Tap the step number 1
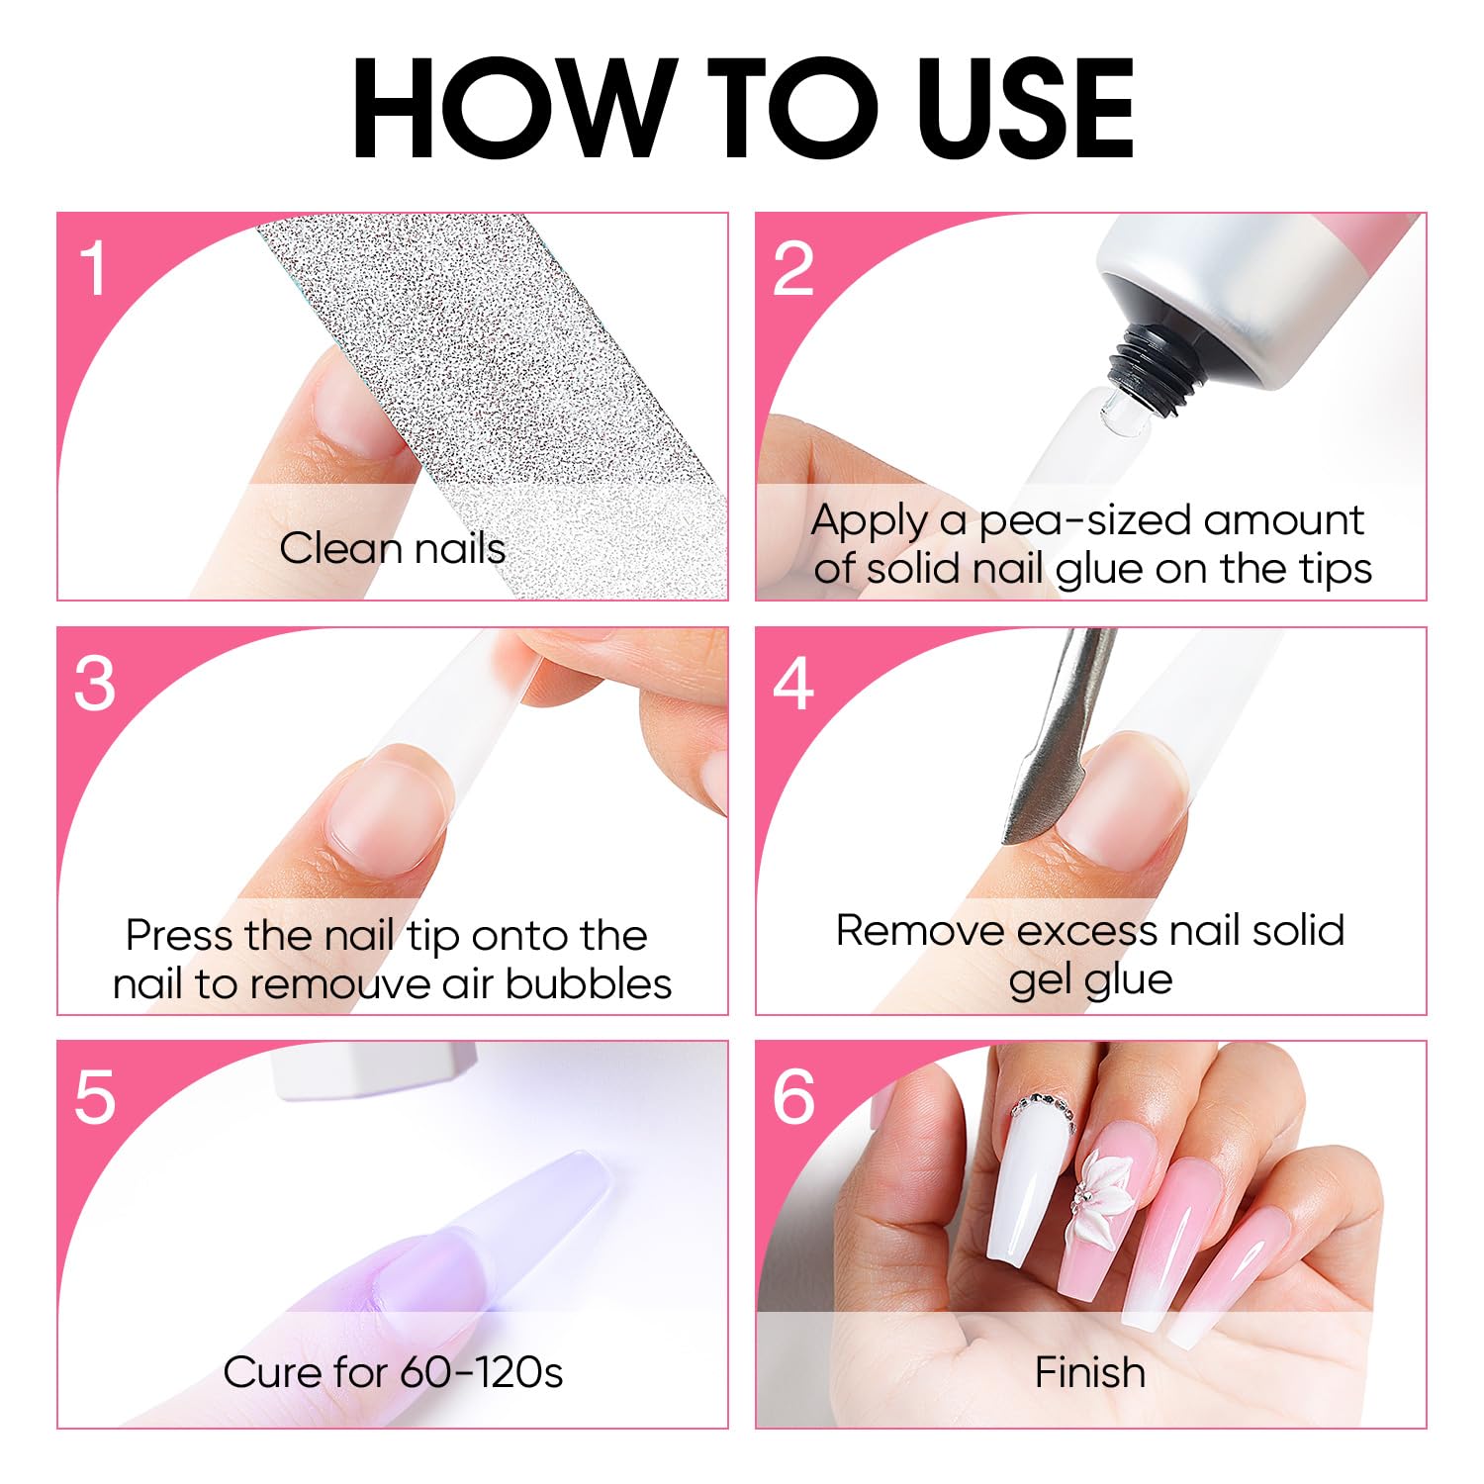point(94,268)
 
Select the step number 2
point(792,268)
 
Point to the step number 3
point(95,684)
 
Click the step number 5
point(95,1097)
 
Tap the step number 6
point(793,1097)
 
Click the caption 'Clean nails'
point(393,548)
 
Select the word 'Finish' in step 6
point(1090,1372)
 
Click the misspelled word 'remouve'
point(342,984)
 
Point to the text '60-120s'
point(481,1372)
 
